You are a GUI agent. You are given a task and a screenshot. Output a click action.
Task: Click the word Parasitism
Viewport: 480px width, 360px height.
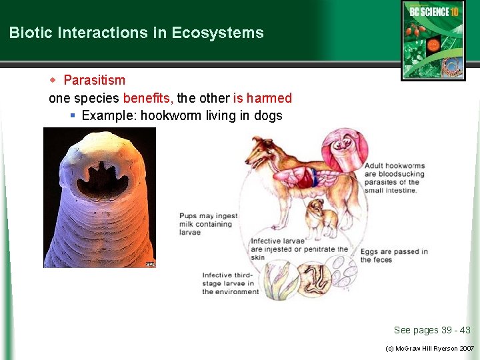click(x=94, y=80)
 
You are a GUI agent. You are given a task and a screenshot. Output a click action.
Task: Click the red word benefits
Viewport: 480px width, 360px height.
click(x=147, y=98)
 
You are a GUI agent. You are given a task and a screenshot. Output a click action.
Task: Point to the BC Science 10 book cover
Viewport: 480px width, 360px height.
click(x=433, y=40)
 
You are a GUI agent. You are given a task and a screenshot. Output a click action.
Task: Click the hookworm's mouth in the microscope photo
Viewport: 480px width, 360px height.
click(x=99, y=176)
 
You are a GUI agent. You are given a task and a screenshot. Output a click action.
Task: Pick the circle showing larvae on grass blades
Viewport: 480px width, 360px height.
click(x=279, y=280)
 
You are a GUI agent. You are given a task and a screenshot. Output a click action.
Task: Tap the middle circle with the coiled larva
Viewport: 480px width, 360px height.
click(x=313, y=279)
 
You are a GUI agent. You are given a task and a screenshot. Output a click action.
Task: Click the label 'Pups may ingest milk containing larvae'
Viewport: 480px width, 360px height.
click(x=207, y=224)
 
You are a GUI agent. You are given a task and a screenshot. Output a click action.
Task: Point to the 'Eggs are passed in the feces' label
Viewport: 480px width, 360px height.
click(x=394, y=255)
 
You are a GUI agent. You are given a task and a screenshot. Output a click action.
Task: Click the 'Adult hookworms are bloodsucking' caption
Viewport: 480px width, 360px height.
click(x=394, y=177)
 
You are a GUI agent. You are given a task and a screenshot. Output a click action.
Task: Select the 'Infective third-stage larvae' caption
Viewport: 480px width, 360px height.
click(x=231, y=283)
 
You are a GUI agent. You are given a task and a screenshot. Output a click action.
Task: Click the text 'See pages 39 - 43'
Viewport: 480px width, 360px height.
click(x=431, y=330)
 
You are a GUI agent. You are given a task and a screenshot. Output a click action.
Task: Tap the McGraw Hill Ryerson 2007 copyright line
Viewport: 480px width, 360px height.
click(x=430, y=349)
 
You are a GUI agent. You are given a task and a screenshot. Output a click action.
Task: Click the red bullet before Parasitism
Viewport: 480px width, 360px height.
click(x=54, y=80)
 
